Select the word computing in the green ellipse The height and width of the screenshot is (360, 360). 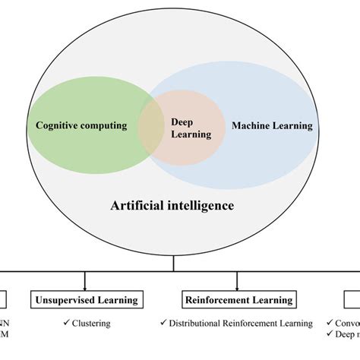(x=105, y=125)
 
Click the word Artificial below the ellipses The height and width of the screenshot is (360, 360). (x=141, y=206)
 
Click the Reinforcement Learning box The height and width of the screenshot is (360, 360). (x=238, y=300)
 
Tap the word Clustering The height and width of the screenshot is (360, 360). (x=91, y=324)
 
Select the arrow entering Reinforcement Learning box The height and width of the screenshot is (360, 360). (x=238, y=285)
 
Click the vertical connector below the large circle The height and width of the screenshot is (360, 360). (x=175, y=264)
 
